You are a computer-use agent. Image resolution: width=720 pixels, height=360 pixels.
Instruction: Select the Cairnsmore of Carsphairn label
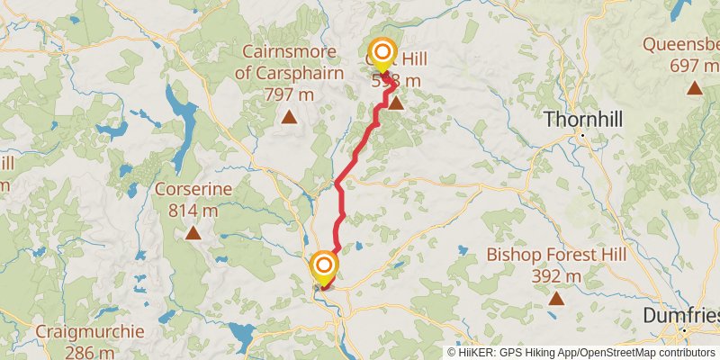point(289,63)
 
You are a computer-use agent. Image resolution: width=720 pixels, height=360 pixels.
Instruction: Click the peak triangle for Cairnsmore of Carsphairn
point(289,116)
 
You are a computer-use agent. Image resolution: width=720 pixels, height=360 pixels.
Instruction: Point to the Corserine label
point(193,190)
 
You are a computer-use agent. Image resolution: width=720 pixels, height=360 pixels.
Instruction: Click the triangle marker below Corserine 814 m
point(193,234)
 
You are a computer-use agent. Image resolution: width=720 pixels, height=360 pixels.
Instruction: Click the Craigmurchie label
point(90,331)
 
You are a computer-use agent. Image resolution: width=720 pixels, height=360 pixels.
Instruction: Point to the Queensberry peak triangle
point(694,87)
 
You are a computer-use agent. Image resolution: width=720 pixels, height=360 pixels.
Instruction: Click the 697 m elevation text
point(694,65)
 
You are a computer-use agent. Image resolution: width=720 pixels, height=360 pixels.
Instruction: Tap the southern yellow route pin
point(323,266)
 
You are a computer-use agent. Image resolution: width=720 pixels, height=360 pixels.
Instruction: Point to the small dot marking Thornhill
point(583,135)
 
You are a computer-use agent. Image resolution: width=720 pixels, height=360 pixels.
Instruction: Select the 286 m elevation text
point(90,352)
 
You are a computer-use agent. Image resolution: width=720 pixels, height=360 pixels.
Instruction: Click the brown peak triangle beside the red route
point(394,103)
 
